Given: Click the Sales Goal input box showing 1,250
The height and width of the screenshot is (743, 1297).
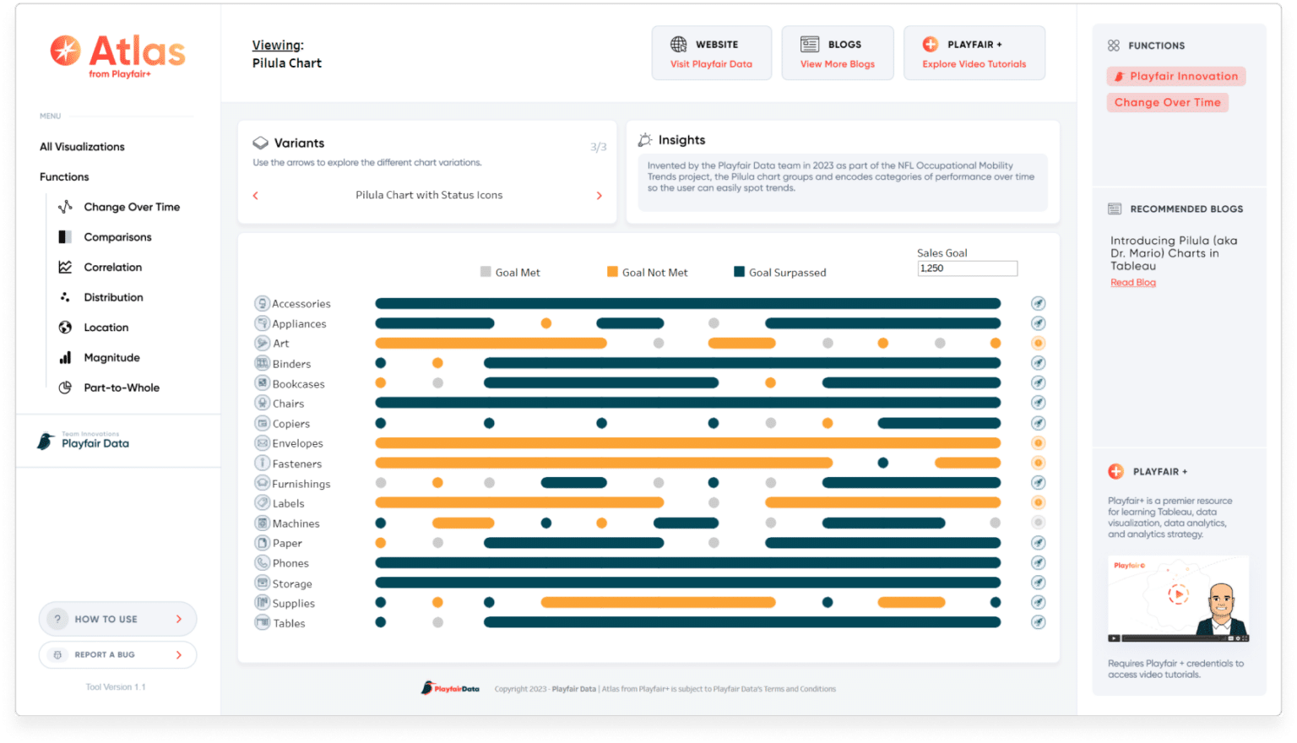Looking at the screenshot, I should click(967, 268).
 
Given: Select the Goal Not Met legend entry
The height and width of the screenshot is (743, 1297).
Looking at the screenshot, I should click(648, 272).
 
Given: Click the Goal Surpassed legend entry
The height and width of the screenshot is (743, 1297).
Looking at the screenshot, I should click(780, 272).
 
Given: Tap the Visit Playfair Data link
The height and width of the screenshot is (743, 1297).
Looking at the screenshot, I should click(711, 64).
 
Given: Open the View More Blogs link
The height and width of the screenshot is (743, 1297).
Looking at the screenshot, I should click(837, 64).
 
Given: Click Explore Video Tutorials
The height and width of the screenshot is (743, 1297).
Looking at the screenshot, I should click(974, 64).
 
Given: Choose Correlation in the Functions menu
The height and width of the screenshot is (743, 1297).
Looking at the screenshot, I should click(112, 267).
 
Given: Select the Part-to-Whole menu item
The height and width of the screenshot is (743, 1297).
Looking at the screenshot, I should click(121, 388).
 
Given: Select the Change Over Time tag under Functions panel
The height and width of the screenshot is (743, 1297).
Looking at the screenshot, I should click(1167, 102).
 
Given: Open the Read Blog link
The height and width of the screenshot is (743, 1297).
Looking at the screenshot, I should click(1132, 283).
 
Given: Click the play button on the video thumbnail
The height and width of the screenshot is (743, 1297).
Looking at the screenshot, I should click(1177, 594).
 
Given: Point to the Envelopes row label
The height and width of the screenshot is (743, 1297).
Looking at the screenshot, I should click(297, 443).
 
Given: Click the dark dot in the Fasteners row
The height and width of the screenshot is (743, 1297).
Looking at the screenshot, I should click(882, 463).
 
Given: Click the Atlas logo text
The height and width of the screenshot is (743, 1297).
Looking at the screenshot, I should click(137, 52).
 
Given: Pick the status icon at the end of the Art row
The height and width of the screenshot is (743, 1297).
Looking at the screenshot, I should click(1038, 343).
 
